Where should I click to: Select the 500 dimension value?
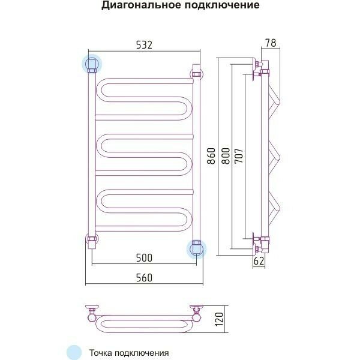point(144,258)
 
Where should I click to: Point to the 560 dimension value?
point(144,277)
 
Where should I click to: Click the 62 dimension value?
point(259,260)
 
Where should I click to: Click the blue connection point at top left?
point(92,64)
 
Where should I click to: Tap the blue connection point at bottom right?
point(196,248)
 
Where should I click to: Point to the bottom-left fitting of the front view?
point(92,239)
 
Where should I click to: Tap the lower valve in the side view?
point(261,242)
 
